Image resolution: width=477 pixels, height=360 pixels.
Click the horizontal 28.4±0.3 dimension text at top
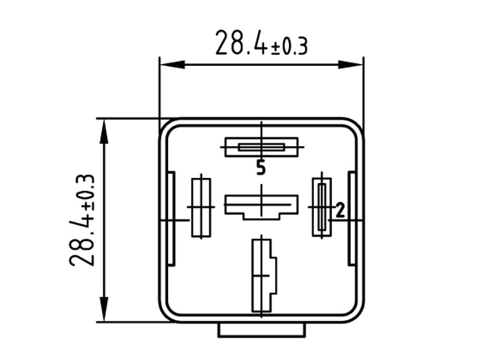(261, 43)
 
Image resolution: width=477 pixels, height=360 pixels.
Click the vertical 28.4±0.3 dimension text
(82, 219)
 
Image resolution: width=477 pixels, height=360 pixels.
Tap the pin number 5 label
(261, 168)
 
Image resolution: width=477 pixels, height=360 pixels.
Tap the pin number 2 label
(340, 210)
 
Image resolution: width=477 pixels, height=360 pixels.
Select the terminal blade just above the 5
(261, 148)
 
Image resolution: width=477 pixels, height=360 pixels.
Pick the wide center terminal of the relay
(261, 205)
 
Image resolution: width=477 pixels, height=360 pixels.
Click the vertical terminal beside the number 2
(322, 207)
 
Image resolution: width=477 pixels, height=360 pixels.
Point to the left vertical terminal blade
(201, 207)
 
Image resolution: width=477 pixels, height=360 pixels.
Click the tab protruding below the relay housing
(261, 330)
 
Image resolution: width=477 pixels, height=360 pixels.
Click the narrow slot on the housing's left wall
(171, 219)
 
